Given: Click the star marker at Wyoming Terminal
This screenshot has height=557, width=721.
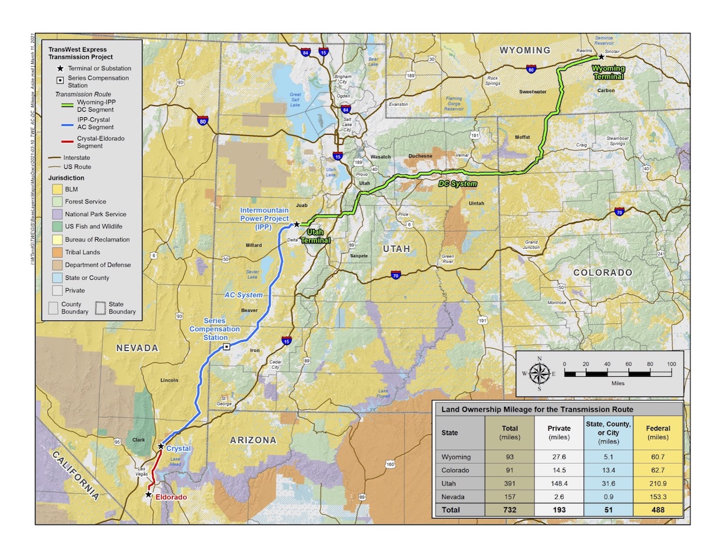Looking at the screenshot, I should (x=601, y=56).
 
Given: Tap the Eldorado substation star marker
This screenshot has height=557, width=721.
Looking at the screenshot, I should (x=148, y=495).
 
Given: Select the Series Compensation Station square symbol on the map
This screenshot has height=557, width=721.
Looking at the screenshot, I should (x=226, y=347).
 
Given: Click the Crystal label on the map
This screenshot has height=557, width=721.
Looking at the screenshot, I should (x=178, y=449).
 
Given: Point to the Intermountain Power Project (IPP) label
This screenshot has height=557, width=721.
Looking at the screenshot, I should (x=265, y=218).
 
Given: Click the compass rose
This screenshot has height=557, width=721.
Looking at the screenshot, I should (x=540, y=373).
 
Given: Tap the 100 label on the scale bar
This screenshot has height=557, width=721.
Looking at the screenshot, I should (x=671, y=364).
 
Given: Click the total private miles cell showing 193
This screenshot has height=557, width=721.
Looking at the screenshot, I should (x=558, y=510).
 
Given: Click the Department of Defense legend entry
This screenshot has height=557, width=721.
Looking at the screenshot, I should (x=97, y=265).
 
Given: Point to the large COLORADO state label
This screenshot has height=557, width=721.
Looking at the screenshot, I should (x=603, y=272).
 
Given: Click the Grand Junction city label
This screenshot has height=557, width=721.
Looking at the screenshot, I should (x=531, y=245).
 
